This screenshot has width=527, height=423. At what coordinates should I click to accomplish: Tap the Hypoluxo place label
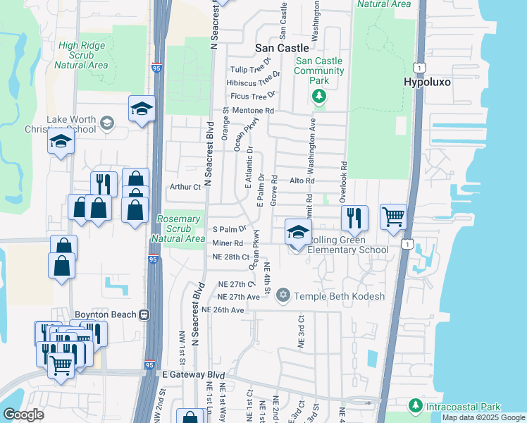427,82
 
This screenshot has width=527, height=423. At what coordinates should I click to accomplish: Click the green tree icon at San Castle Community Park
319,96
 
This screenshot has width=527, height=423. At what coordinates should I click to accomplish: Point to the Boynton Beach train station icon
144,314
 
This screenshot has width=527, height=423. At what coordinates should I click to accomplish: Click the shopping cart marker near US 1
393,216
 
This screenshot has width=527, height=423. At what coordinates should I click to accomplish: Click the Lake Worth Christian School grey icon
107,124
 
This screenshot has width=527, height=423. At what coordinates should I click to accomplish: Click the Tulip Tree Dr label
252,69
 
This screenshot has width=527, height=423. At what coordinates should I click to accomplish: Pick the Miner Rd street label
227,243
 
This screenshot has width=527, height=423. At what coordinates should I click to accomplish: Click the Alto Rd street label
302,181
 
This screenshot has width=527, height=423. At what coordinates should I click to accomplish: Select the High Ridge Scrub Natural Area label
83,55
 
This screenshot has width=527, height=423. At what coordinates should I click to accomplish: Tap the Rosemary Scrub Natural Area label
179,228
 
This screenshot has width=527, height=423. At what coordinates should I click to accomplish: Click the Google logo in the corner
23,414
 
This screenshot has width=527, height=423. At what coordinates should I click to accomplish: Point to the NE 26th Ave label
223,309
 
